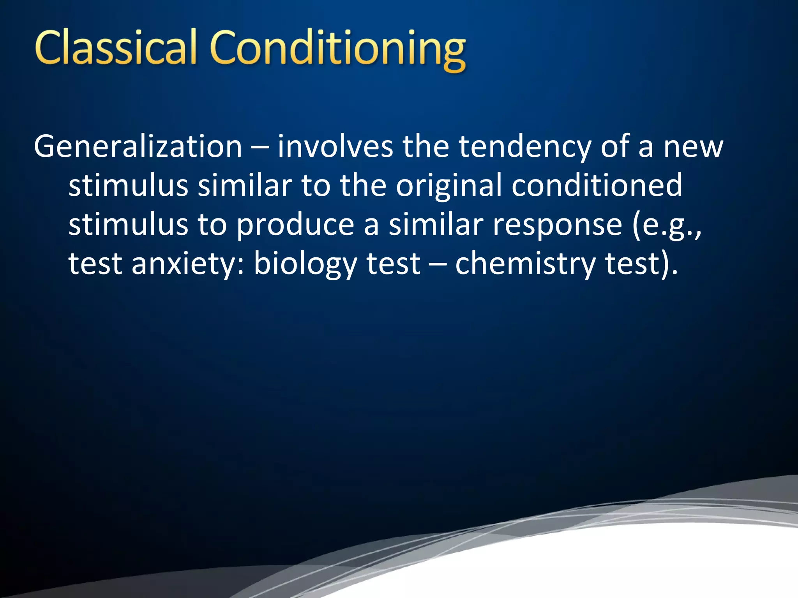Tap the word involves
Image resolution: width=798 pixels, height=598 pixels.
pyautogui.click(x=335, y=147)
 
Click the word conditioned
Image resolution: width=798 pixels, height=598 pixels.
pyautogui.click(x=597, y=186)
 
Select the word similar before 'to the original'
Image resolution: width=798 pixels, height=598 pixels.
pyautogui.click(x=245, y=186)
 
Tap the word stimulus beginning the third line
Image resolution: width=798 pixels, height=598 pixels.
pyautogui.click(x=128, y=225)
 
